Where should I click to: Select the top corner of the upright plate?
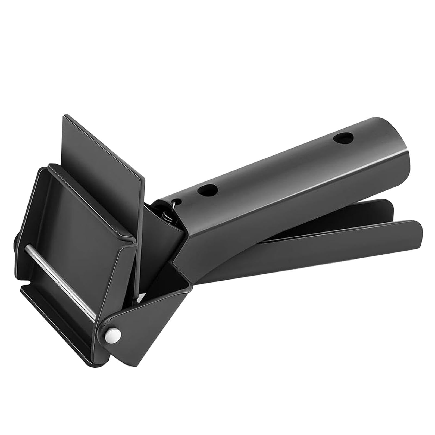[x=65, y=116]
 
